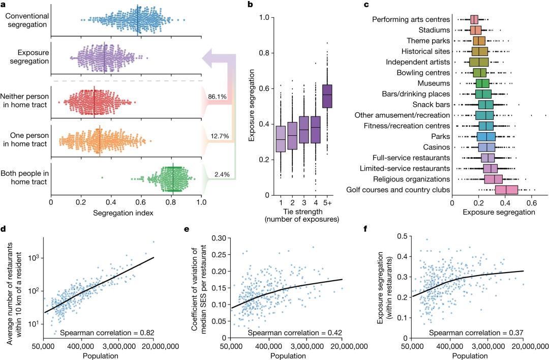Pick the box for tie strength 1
pyautogui.click(x=280, y=138)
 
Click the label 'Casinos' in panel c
pyautogui.click(x=440, y=147)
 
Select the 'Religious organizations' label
pyautogui.click(x=410, y=179)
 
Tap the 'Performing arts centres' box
pyautogui.click(x=474, y=20)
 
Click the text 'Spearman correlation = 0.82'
pyautogui.click(x=108, y=333)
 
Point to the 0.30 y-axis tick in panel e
pyautogui.click(x=217, y=238)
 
